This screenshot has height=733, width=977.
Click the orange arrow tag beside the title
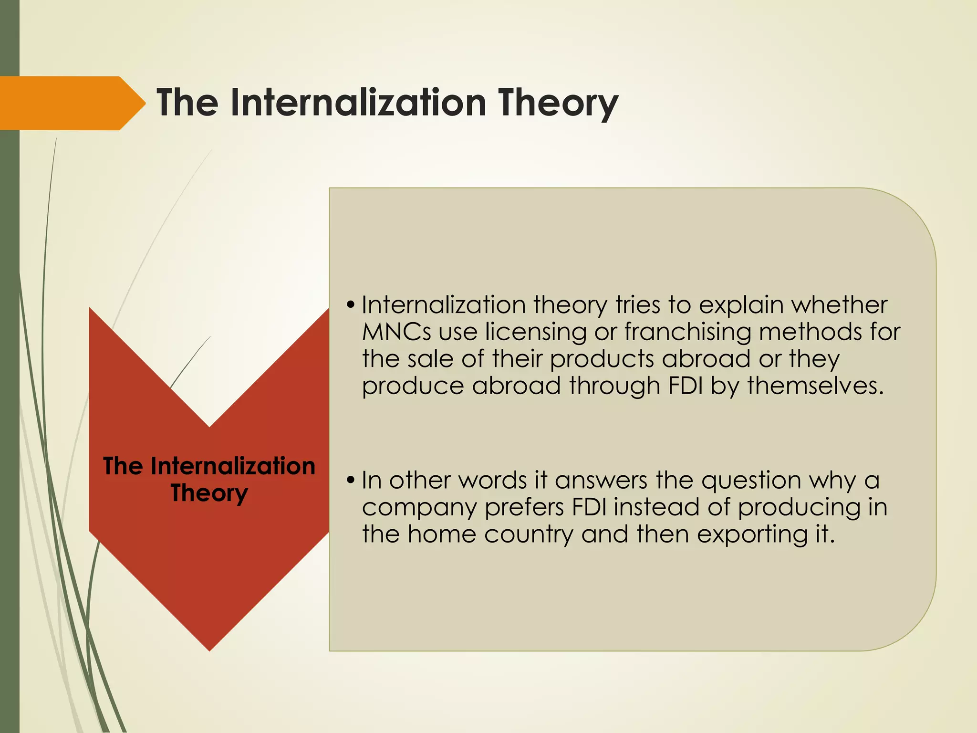67,103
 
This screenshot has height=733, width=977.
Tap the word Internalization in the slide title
358,103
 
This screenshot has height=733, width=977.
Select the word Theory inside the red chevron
209,493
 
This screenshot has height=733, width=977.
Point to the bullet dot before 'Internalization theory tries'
351,305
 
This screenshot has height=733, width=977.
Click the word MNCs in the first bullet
396,332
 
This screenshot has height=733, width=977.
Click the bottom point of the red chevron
209,649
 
